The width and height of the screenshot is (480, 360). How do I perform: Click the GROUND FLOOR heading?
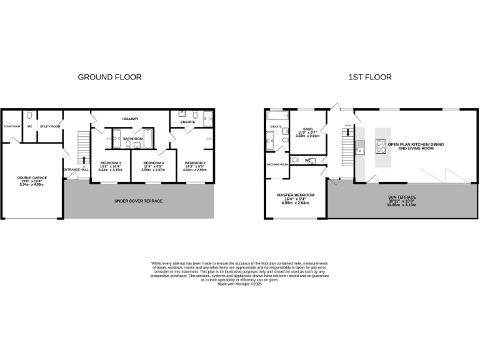109,77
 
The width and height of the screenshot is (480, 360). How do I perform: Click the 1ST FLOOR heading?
370,77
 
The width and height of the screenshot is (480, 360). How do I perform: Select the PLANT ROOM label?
12,126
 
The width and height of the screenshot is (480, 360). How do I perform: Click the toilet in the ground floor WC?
29,116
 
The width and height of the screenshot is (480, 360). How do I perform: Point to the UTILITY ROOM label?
50,126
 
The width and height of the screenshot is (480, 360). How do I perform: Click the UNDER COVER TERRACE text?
138,201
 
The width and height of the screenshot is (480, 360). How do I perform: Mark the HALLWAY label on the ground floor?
130,119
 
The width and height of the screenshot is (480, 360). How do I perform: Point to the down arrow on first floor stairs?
348,132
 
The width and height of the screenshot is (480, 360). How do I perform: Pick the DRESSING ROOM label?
276,164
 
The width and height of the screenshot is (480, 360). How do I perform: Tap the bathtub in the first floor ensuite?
276,116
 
